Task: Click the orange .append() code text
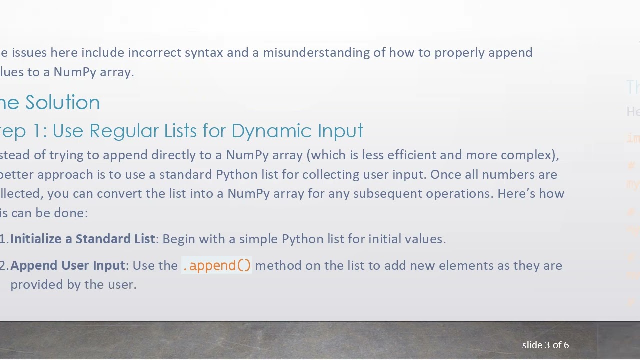[x=217, y=265]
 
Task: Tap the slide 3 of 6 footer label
[x=545, y=345]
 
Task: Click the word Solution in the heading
[x=63, y=103]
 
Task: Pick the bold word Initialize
[x=36, y=239]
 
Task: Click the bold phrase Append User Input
[x=67, y=265]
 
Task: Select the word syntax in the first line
[x=204, y=53]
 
